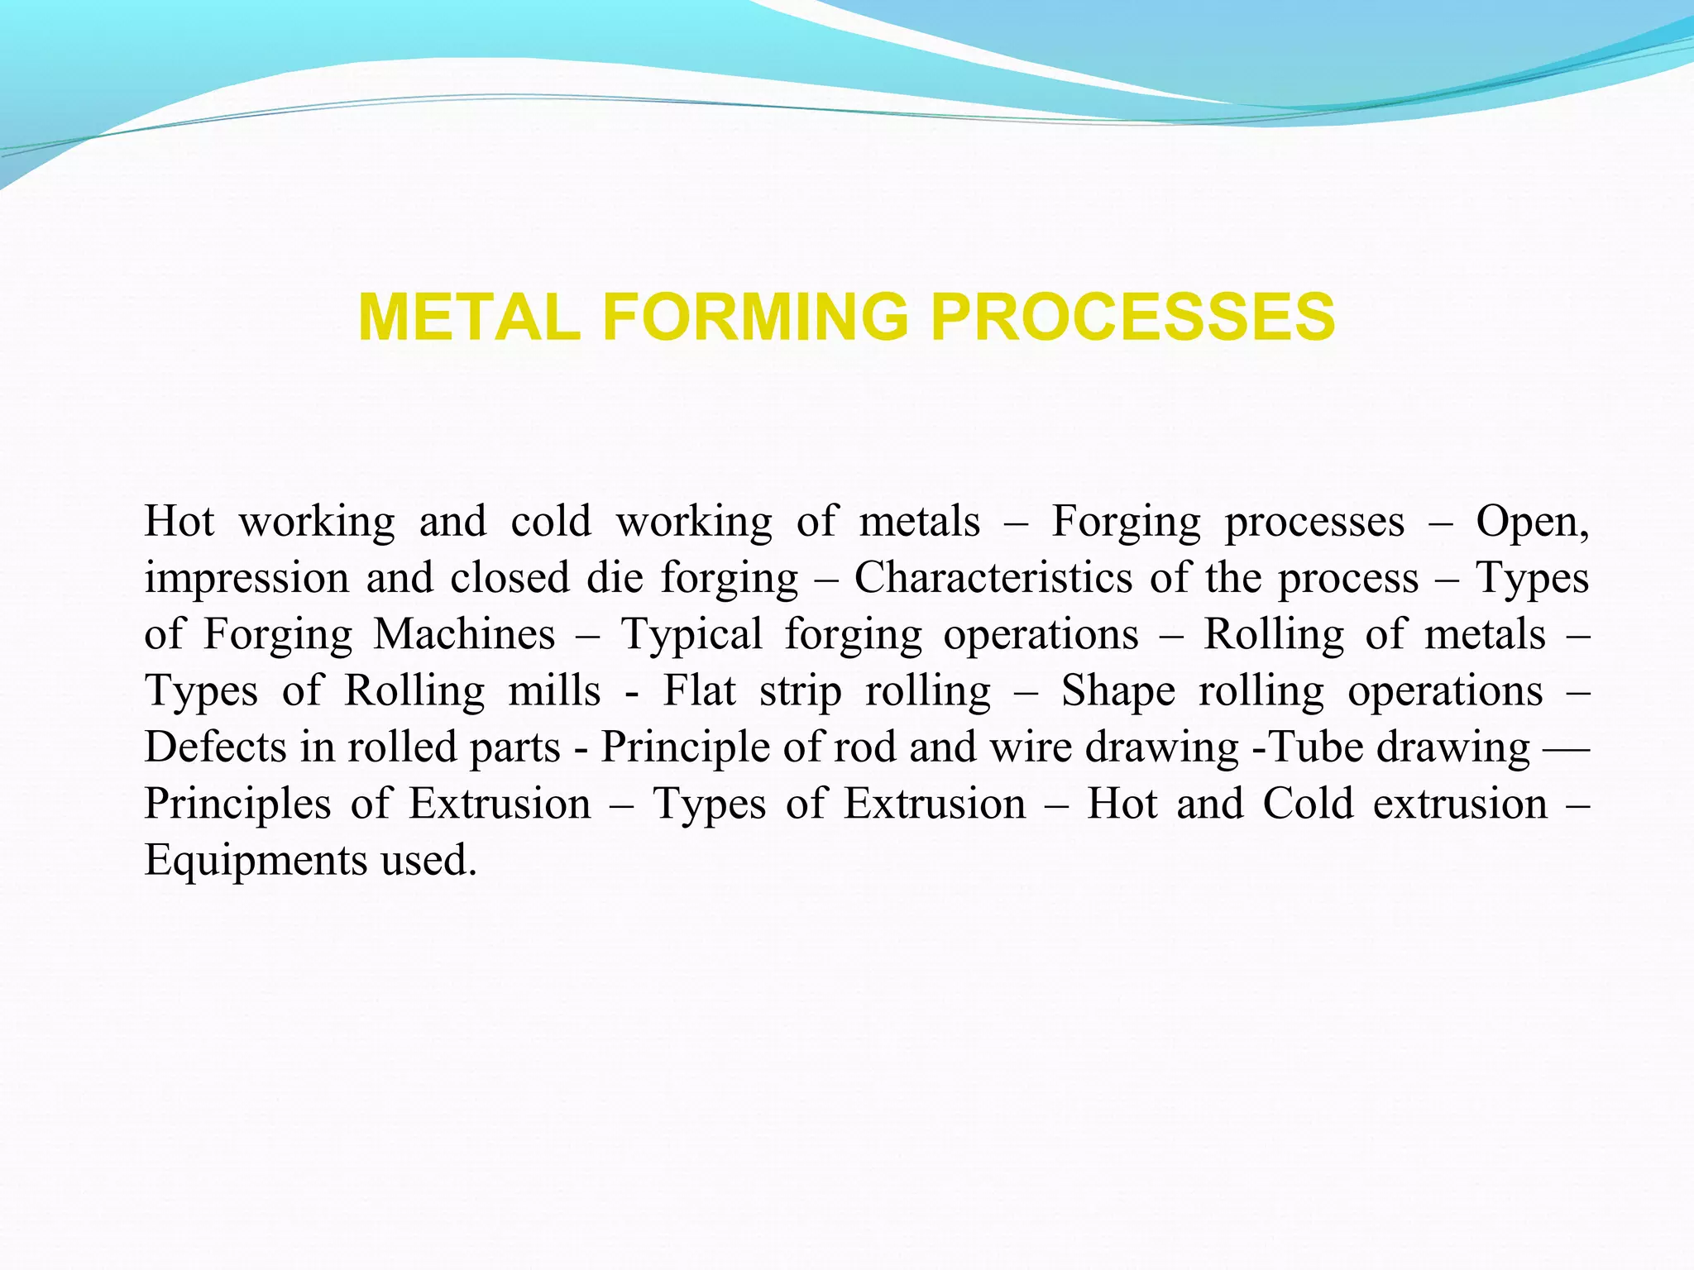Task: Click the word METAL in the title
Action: [469, 317]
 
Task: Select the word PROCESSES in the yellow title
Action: [1132, 317]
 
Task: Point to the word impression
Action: [246, 579]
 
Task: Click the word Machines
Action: [464, 634]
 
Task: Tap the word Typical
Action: [691, 635]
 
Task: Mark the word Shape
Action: [1118, 691]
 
